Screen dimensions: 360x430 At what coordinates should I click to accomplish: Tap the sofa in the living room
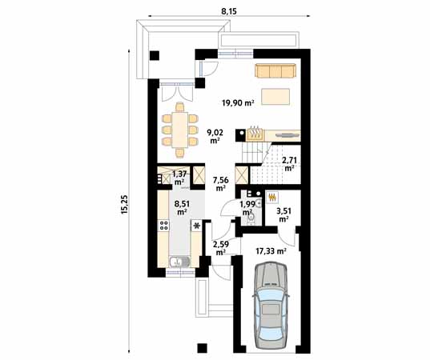pos(275,70)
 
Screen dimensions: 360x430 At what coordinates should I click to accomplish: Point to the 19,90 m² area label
pos(238,103)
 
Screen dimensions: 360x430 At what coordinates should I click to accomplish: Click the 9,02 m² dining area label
pos(215,136)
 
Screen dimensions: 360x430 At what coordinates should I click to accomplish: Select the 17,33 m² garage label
pos(270,250)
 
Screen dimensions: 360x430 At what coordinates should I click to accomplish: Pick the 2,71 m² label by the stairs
pos(289,164)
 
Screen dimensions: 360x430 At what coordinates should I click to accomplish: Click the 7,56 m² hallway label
pos(220,185)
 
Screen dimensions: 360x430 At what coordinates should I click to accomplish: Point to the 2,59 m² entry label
pos(220,247)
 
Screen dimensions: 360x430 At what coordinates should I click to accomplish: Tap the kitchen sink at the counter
pos(181,261)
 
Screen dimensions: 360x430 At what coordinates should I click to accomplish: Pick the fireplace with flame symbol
pos(255,132)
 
